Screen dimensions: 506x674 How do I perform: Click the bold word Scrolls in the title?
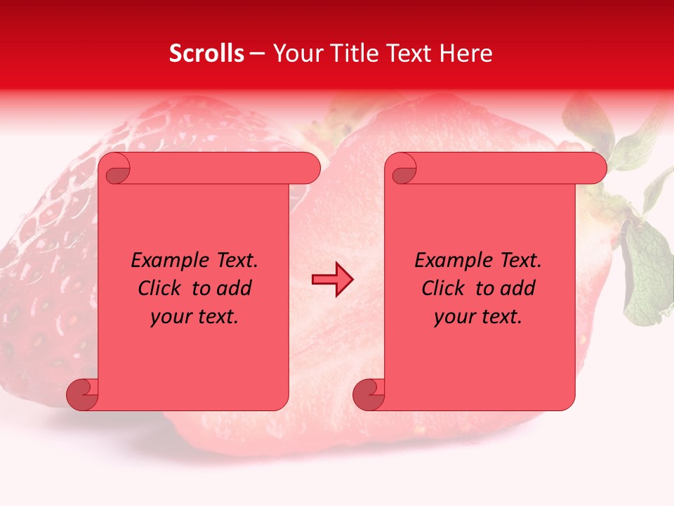206,53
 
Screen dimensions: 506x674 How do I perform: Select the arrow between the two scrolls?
332,279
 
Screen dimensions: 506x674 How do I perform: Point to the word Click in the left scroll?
161,288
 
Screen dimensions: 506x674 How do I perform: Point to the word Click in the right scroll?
445,288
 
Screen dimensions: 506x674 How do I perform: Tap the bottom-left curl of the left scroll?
83,394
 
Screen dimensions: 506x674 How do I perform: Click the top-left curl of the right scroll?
402,169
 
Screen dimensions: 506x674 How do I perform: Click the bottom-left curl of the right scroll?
369,394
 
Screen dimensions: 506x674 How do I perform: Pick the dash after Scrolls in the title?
258,53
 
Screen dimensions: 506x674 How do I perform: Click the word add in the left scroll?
234,288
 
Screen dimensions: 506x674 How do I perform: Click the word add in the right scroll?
517,288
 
